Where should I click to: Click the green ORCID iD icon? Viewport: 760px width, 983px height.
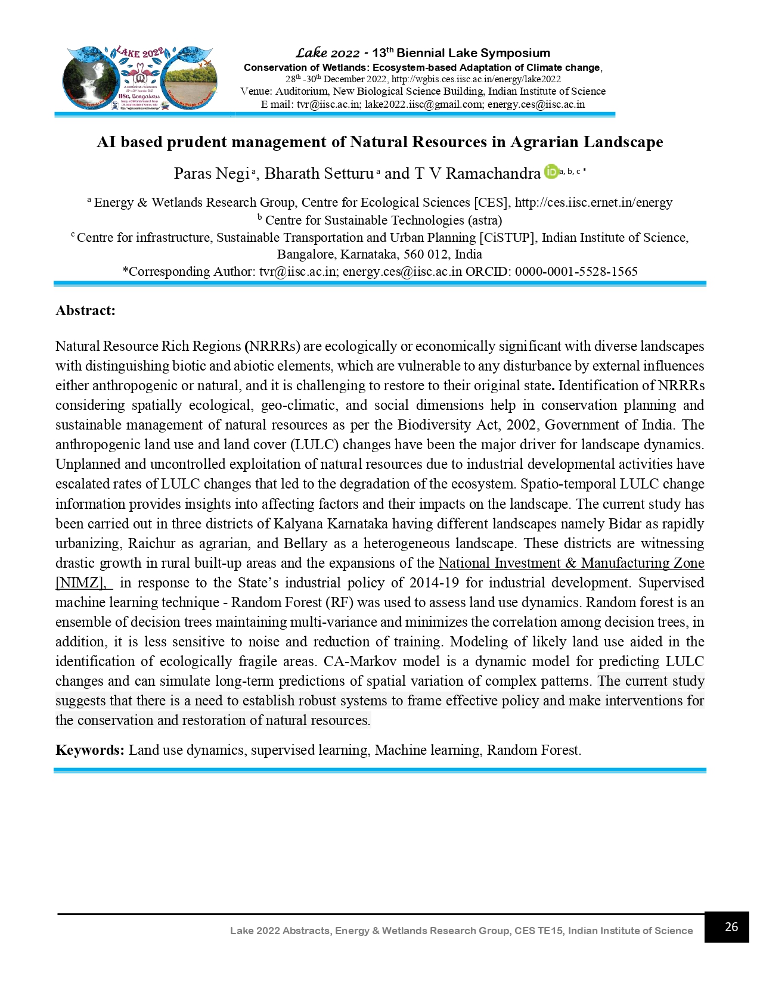click(551, 172)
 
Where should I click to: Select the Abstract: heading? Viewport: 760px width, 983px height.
click(85, 310)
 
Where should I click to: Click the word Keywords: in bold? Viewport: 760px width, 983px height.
click(90, 750)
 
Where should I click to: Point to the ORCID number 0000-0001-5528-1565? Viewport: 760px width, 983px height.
click(576, 272)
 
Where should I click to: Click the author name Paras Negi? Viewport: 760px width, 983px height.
click(211, 173)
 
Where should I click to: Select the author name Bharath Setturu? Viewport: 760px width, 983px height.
click(319, 173)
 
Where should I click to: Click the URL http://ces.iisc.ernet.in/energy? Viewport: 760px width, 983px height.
click(593, 203)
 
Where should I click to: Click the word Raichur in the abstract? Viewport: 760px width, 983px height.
click(151, 543)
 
